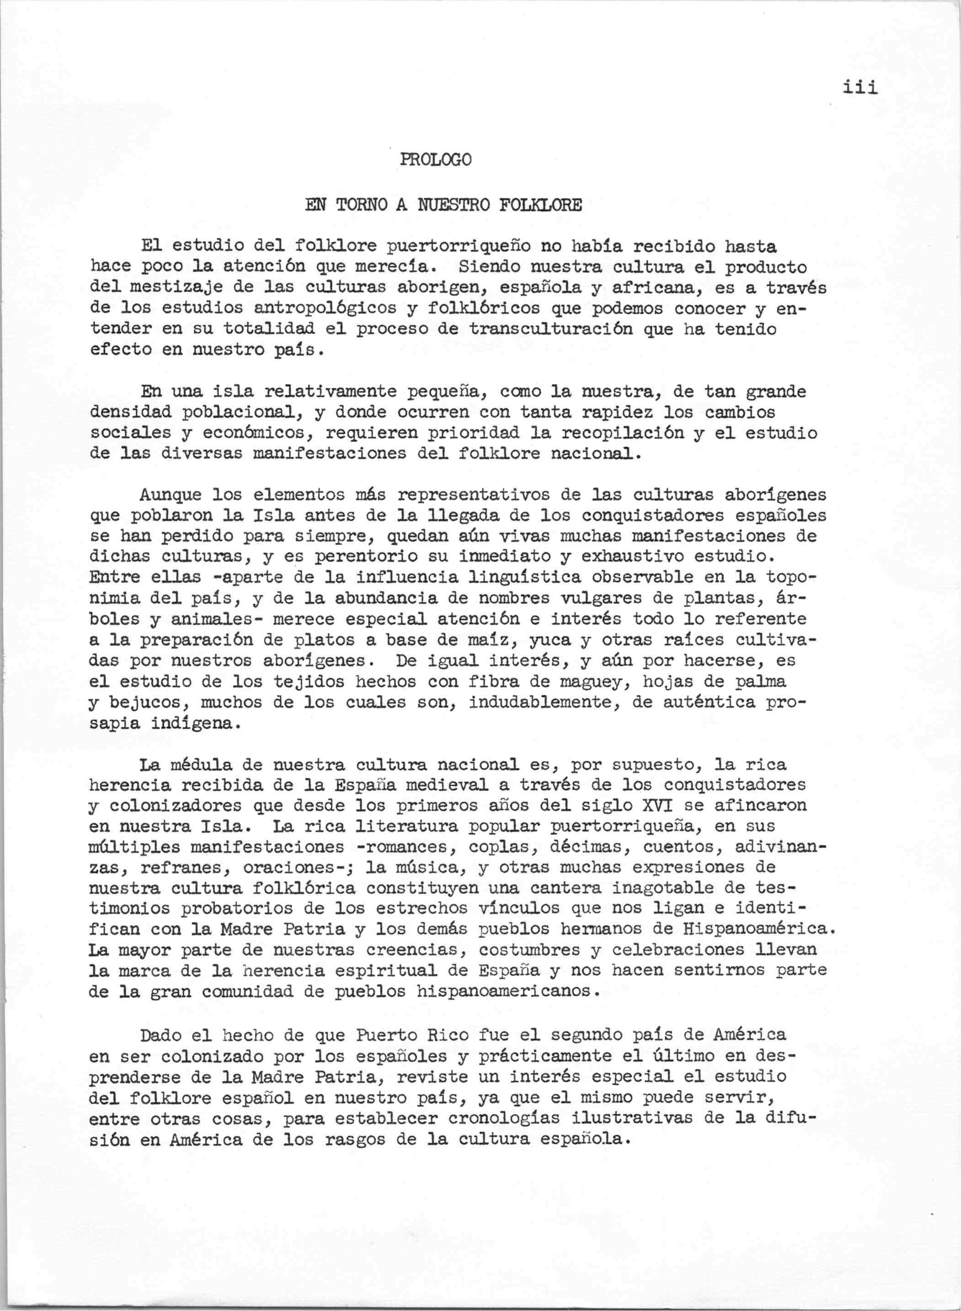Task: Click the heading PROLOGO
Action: tap(436, 159)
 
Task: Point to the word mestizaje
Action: tap(176, 288)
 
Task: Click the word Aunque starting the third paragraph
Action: tap(171, 495)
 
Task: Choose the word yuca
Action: tap(550, 640)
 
